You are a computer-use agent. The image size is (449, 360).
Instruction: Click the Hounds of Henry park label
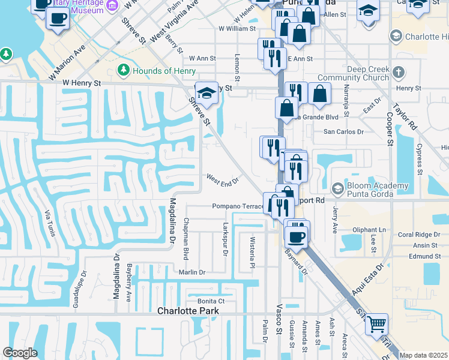(161, 71)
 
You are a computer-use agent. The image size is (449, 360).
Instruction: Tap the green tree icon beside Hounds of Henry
(124, 70)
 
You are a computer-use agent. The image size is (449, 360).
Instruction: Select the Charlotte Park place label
(188, 311)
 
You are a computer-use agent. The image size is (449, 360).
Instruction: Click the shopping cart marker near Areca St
(376, 325)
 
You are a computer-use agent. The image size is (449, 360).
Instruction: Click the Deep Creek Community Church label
(354, 74)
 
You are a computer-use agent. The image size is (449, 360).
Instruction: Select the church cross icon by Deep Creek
(397, 74)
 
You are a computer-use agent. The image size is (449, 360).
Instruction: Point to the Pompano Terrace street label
(238, 206)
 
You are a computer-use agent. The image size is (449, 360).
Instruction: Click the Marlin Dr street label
(192, 272)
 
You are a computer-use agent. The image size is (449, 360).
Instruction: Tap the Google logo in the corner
(20, 353)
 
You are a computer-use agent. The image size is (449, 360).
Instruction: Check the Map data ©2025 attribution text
(424, 355)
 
